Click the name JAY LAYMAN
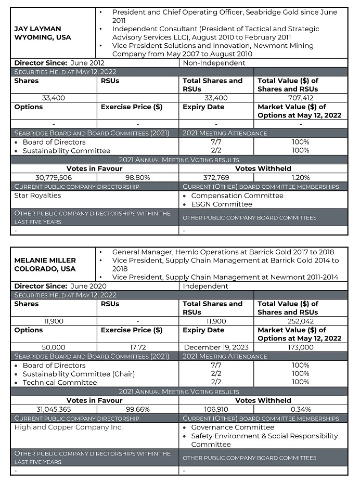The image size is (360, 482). coord(37,29)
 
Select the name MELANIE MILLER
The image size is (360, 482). coord(45,260)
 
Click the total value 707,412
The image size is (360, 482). coord(301,98)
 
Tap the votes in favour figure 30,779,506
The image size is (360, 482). coord(54,177)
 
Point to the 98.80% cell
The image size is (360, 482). coord(138,177)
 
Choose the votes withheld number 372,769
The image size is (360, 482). coord(216,177)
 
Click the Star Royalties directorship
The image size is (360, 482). coord(37,196)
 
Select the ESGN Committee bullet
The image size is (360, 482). coord(222,204)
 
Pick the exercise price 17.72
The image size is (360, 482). coord(138,347)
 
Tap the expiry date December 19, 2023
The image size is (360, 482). coord(216,347)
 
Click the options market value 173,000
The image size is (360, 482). coord(301,347)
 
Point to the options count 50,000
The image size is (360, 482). coord(54,347)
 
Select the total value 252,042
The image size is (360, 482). coord(301,321)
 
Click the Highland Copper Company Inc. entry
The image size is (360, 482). coord(69,427)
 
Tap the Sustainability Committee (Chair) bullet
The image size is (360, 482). coord(78,374)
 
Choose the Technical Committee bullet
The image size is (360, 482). coord(59,382)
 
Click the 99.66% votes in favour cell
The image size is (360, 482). coord(138,409)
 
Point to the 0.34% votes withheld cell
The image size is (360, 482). coord(301,409)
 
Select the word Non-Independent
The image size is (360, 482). coord(214,63)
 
